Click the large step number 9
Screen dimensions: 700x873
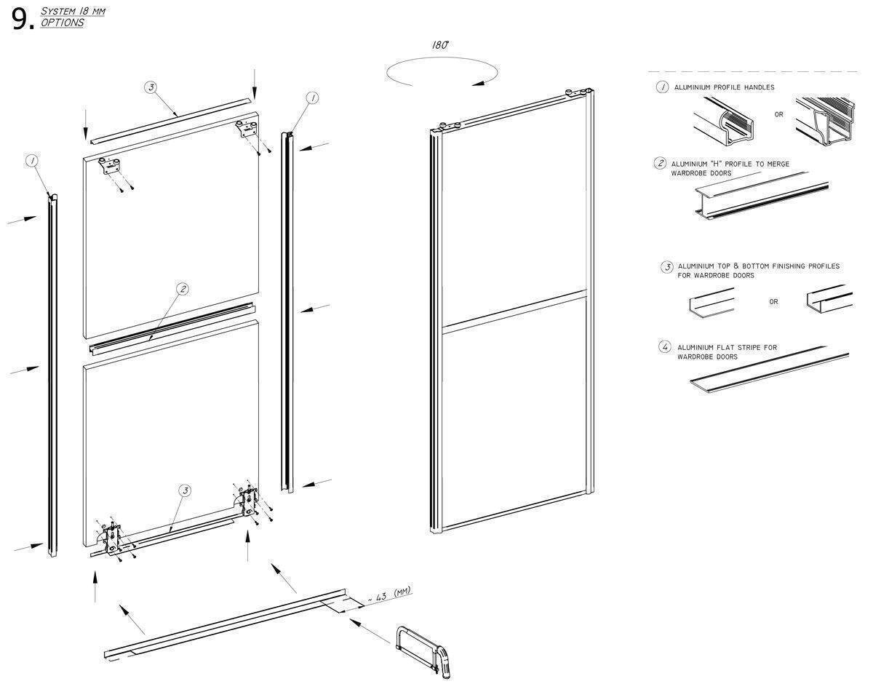(x=20, y=20)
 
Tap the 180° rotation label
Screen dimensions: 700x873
(x=439, y=45)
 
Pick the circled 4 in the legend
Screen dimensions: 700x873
(x=664, y=347)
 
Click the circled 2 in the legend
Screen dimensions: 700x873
(x=660, y=164)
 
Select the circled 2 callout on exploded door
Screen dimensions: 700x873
(x=183, y=289)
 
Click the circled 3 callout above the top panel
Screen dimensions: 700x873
(x=151, y=87)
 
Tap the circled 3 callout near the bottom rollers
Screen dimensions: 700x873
(x=185, y=491)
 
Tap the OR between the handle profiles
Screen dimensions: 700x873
(x=778, y=115)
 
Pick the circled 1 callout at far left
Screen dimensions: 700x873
(x=32, y=161)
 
